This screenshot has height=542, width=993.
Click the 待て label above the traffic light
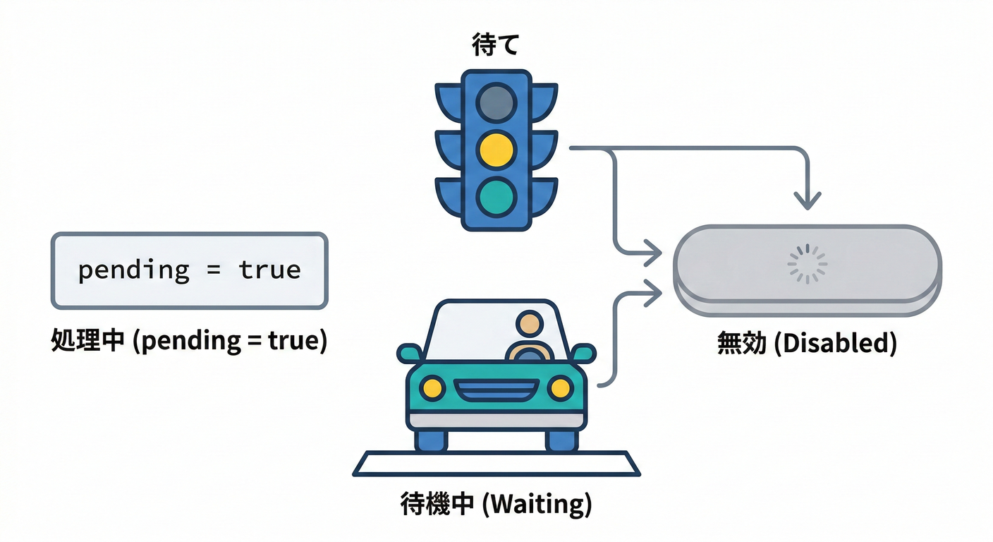coord(495,47)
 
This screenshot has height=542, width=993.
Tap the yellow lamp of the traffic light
coord(496,150)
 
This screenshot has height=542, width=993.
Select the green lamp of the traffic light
coord(496,196)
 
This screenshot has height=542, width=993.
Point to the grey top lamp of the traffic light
coord(496,104)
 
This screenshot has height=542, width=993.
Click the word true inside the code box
coord(269,270)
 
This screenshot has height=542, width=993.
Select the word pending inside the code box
coord(133,270)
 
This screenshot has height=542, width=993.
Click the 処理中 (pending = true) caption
coord(189,342)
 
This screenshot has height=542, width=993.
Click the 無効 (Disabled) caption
coord(807,344)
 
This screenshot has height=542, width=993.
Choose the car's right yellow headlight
coord(561,387)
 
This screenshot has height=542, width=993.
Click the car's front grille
coord(496,390)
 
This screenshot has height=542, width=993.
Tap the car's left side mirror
coord(409,353)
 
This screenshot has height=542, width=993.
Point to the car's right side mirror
coord(584,353)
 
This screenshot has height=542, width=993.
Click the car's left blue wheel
coord(430,440)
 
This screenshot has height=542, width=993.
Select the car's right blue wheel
coord(562,440)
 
